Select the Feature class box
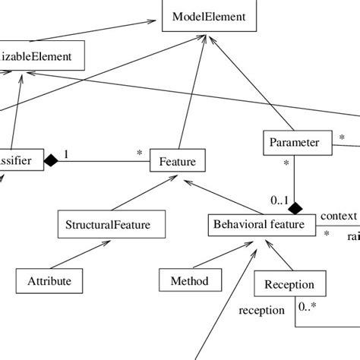coord(177,162)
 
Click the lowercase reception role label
coord(262,310)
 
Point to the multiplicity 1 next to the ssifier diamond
coord(66,155)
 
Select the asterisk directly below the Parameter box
coord(286,163)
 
